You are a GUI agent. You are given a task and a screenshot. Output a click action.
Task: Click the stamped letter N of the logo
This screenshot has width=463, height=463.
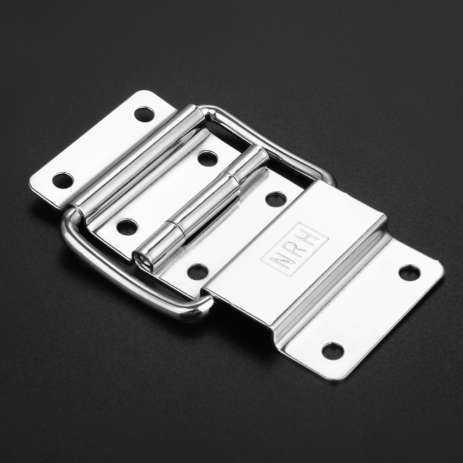tap(282, 261)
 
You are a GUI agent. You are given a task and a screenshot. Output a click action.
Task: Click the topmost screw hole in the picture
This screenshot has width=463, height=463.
tap(144, 114)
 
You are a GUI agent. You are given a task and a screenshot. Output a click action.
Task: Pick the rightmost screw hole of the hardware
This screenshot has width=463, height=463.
tap(409, 273)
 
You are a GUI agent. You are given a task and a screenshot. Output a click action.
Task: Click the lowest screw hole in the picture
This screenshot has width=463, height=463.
tap(333, 351)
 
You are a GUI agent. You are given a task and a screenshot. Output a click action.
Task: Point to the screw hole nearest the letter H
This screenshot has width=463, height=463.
tap(275, 199)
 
